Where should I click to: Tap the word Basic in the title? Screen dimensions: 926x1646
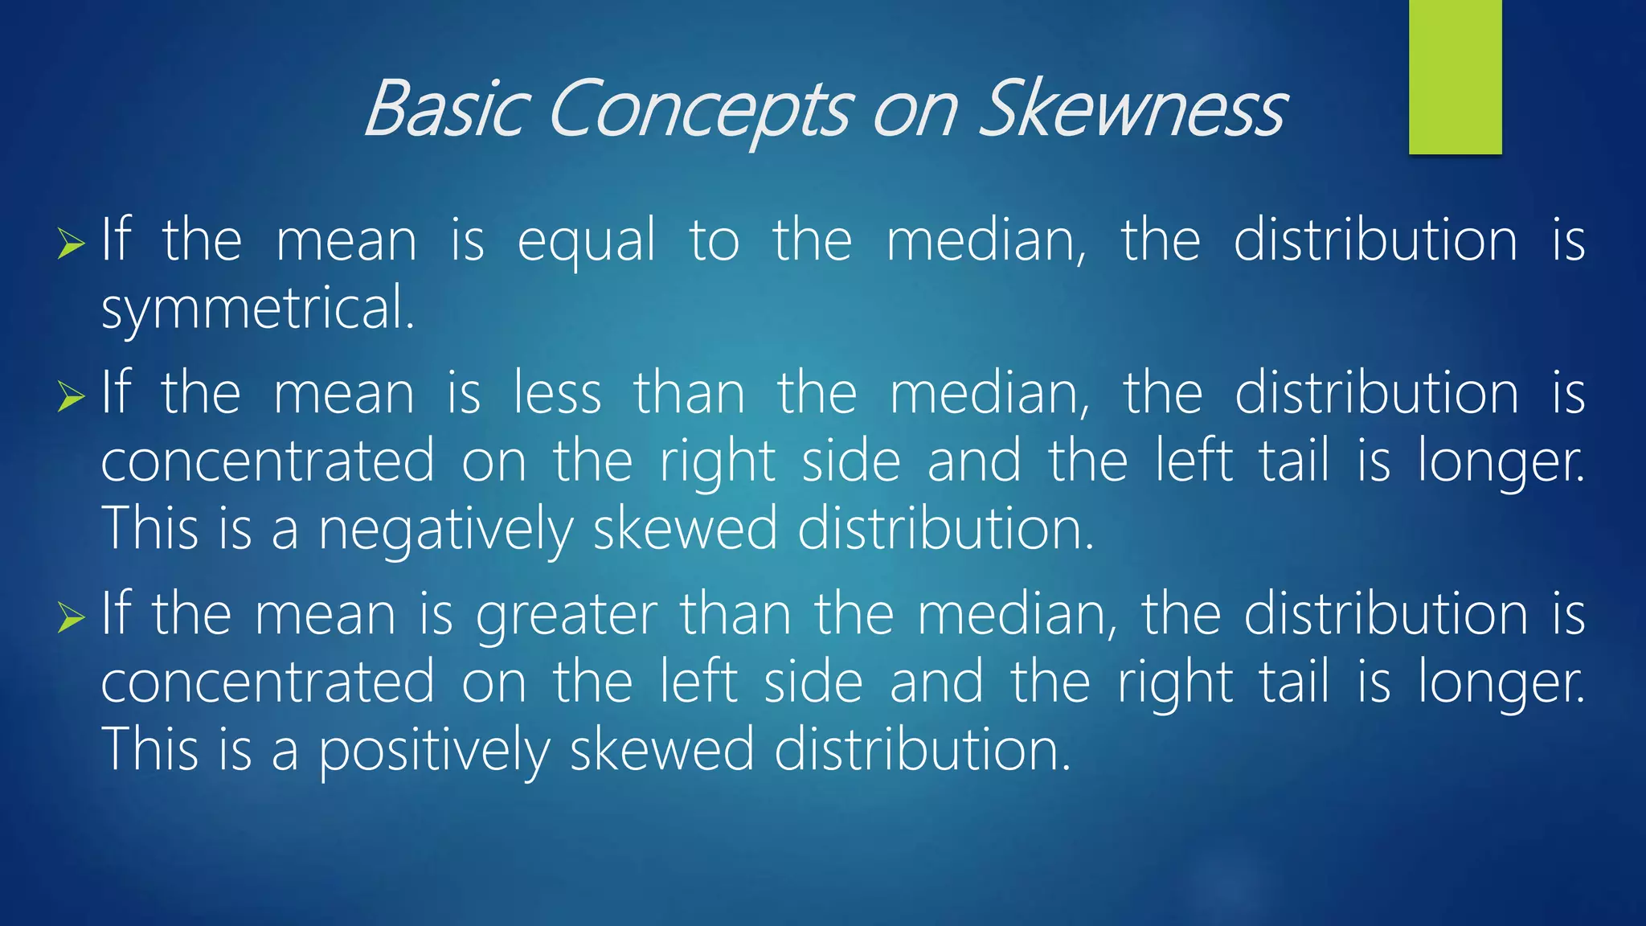click(447, 109)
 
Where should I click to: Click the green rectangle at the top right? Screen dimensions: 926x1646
click(1455, 77)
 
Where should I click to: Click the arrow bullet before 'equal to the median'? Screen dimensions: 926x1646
click(72, 244)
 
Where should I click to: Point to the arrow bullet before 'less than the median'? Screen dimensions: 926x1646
click(72, 396)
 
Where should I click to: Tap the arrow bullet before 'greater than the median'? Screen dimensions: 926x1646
click(72, 617)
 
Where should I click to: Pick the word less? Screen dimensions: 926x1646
click(557, 394)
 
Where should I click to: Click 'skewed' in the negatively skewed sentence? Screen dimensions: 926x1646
click(686, 530)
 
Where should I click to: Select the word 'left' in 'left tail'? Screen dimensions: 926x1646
click(1194, 461)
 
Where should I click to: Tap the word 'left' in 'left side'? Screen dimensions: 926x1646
click(698, 682)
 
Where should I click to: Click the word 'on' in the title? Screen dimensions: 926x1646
click(915, 111)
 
